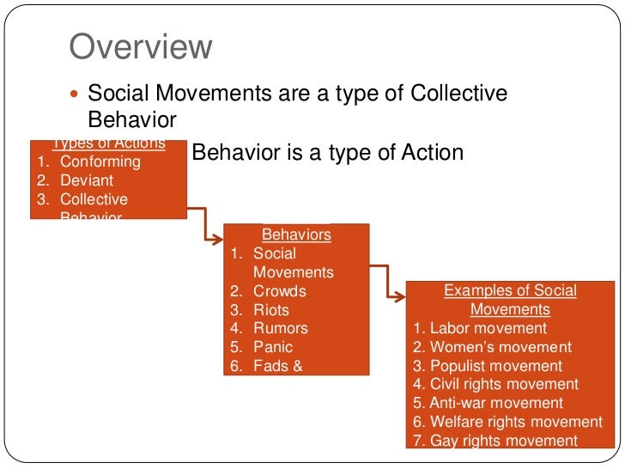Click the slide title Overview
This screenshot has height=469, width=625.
[140, 47]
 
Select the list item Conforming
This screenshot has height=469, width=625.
[100, 161]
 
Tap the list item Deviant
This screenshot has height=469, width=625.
[86, 180]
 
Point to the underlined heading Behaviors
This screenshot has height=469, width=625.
[296, 234]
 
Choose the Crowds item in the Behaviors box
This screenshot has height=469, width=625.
[279, 291]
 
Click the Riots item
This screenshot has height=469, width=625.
[270, 310]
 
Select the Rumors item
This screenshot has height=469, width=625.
[280, 328]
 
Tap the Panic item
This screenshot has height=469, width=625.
[272, 347]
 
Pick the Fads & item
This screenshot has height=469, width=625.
[278, 366]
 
